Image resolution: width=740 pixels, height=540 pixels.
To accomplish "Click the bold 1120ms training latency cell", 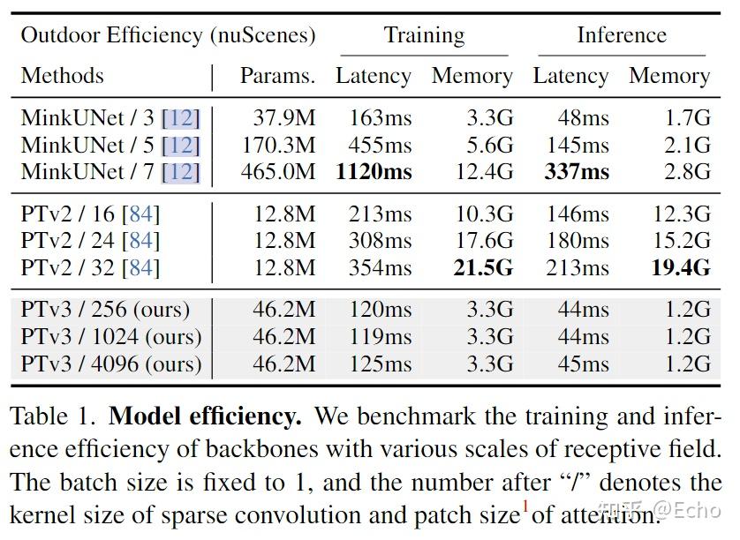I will pos(373,171).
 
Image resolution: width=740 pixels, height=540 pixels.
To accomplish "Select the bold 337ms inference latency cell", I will pos(576,171).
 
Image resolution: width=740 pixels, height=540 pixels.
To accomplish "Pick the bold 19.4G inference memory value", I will pos(680,267).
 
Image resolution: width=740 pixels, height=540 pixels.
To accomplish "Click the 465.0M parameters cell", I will pos(277,171).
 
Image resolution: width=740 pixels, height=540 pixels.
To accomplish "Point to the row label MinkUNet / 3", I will pos(110,118).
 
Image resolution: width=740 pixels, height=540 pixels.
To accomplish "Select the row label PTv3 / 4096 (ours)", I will pos(111,364).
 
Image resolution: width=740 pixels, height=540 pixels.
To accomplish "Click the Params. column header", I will pos(277,76).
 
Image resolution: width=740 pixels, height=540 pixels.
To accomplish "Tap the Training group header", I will pos(424,35).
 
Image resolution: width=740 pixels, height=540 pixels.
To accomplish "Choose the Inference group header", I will pos(622,35).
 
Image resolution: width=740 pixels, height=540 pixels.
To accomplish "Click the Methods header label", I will pos(62,76).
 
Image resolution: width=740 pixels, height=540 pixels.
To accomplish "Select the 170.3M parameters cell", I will pos(277,145).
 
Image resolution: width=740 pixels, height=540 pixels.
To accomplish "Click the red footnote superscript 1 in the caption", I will pos(525,506).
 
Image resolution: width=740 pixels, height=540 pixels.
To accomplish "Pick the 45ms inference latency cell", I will pos(583,364).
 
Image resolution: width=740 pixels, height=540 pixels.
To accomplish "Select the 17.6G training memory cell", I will pos(483,241).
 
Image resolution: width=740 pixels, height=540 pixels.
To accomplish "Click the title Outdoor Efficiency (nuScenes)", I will pos(168,35).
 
